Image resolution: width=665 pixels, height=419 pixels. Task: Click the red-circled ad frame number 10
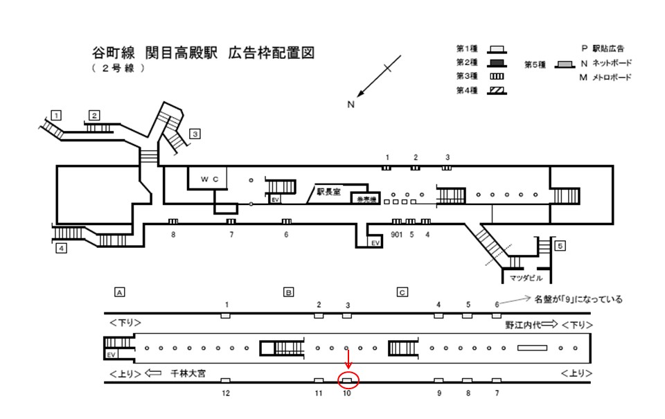click(x=348, y=381)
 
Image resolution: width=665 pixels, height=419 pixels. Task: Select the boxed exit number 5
click(x=560, y=245)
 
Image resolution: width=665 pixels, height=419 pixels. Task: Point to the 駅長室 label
click(x=328, y=192)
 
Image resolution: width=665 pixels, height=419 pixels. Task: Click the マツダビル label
click(x=522, y=278)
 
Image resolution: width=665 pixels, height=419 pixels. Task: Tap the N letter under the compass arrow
click(x=351, y=105)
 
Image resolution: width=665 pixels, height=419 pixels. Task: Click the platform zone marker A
click(x=120, y=292)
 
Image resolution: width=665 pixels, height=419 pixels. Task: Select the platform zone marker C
click(x=401, y=292)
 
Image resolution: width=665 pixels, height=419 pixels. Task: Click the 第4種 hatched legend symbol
click(x=496, y=90)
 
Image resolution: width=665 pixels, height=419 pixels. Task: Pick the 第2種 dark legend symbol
click(x=496, y=63)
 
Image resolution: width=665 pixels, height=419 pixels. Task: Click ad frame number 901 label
click(x=396, y=234)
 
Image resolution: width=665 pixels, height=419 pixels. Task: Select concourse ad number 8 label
click(x=174, y=235)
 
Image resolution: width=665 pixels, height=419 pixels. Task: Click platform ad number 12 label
click(x=225, y=393)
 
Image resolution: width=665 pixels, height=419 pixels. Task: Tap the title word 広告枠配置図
click(x=271, y=53)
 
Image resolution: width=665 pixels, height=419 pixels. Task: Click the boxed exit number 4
click(x=62, y=249)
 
